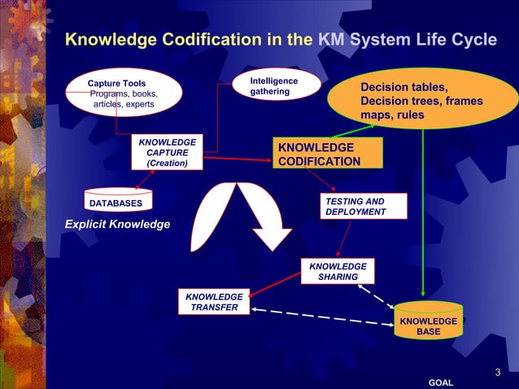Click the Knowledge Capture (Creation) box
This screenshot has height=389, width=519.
[x=167, y=152]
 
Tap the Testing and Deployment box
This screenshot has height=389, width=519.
[x=355, y=207]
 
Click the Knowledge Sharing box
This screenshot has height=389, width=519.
[x=338, y=272]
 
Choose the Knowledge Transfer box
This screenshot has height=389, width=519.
[x=214, y=302]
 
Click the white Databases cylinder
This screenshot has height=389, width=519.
[x=115, y=202]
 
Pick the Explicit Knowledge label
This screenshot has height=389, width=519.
[x=111, y=224]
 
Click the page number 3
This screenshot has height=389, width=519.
[x=497, y=373]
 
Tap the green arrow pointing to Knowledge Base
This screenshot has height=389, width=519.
[x=423, y=212]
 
